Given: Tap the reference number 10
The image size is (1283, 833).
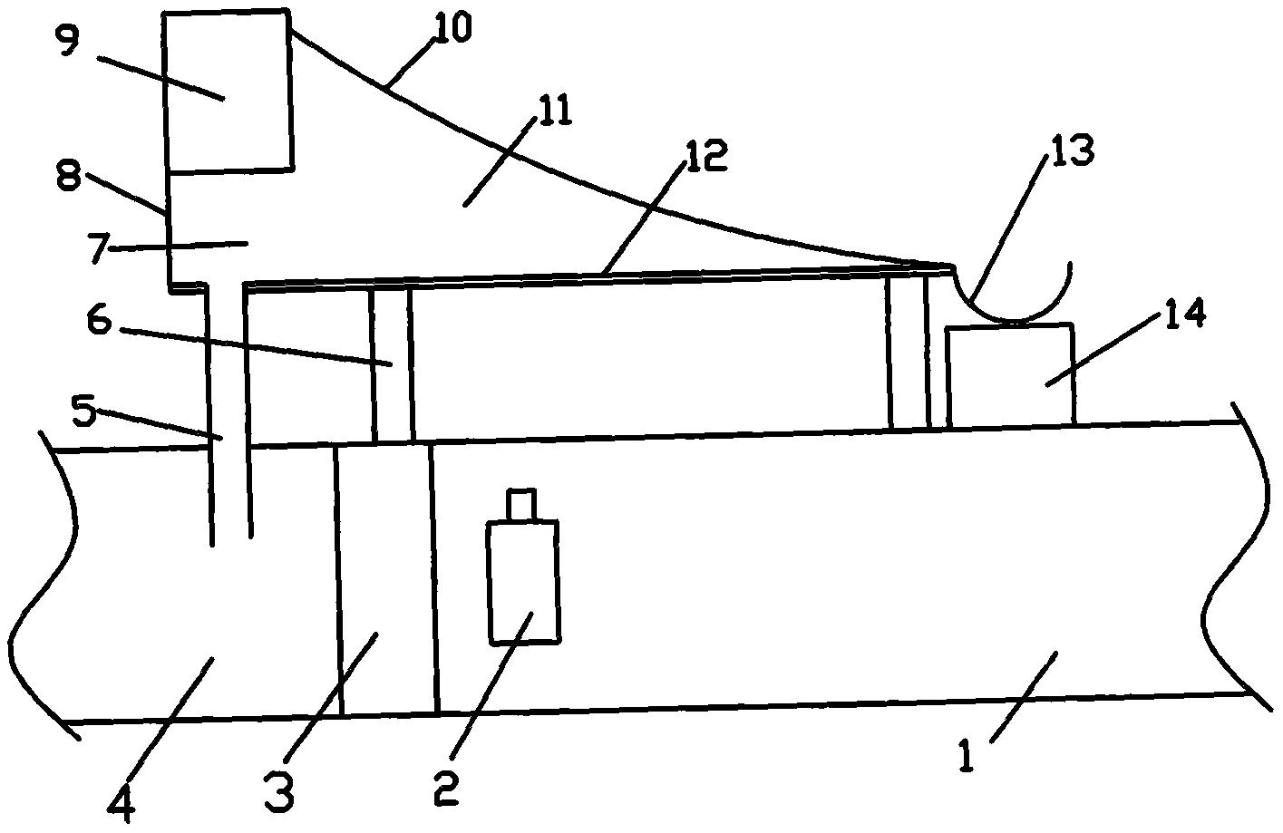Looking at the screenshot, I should click(x=452, y=29).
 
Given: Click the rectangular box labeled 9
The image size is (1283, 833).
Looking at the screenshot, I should click(x=228, y=91).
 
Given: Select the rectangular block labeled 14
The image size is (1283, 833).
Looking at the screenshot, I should click(x=1009, y=374).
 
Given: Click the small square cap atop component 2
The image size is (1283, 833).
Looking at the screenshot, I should click(x=521, y=505).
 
